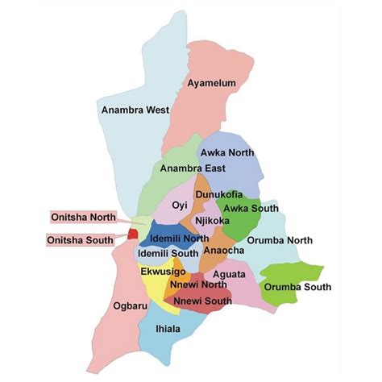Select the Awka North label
click(227, 152)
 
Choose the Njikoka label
click(210, 220)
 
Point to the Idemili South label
click(168, 253)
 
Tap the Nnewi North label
click(196, 284)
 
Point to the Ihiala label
click(168, 330)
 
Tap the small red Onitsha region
click(132, 235)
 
